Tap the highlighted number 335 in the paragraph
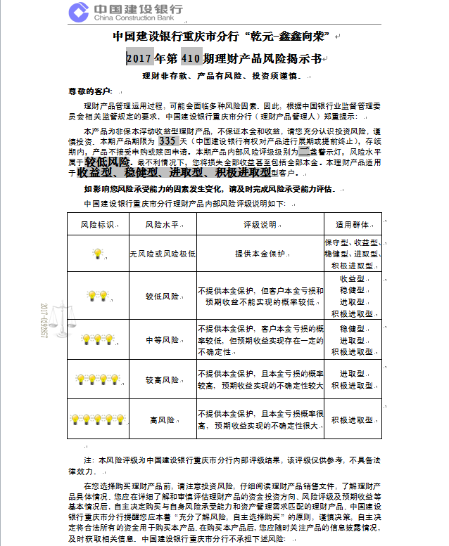[x=168, y=141]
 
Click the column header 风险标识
[x=97, y=225]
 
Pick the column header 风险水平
[x=162, y=225]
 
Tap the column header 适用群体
[x=353, y=225]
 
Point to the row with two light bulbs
[x=97, y=296]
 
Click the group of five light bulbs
[x=97, y=420]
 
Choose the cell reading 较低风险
[x=162, y=297]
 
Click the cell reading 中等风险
[x=162, y=339]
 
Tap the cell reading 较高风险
[x=162, y=379]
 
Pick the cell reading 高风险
[x=162, y=420]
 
